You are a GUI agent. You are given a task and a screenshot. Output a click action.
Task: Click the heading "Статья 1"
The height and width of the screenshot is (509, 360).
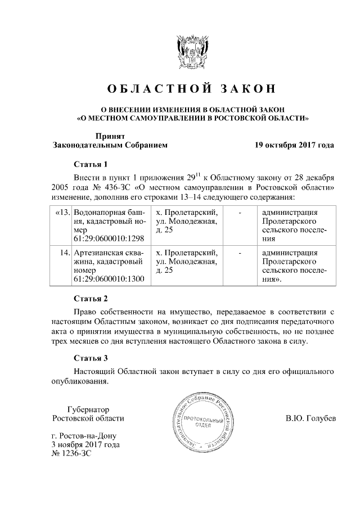point(91,165)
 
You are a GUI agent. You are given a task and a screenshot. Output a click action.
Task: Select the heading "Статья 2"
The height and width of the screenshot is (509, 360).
point(91,298)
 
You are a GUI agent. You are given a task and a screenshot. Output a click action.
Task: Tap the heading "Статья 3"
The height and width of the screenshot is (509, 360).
point(91,357)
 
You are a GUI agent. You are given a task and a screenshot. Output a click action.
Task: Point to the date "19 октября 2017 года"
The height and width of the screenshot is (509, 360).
point(294,145)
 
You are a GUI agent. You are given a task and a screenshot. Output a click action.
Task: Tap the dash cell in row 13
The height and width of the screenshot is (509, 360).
point(241,213)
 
